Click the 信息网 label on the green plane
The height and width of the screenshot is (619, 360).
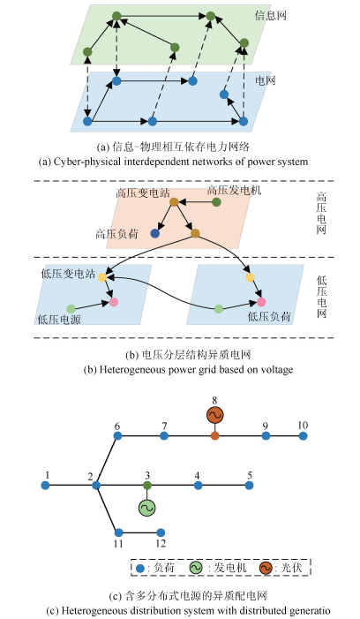[270, 15]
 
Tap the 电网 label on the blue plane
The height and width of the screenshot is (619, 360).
[265, 80]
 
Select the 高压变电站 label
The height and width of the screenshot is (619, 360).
[143, 192]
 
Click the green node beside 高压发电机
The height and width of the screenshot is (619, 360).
[216, 202]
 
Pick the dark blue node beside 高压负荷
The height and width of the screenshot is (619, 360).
[155, 233]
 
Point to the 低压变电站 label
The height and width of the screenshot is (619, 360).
[68, 274]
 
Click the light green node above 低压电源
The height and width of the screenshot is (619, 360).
[71, 309]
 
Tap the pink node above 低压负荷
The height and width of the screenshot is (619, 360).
[261, 302]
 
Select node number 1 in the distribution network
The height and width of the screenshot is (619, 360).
[45, 485]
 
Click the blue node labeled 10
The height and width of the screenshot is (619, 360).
[303, 436]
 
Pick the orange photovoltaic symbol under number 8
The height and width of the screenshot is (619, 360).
[215, 415]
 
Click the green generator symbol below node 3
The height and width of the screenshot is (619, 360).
[147, 508]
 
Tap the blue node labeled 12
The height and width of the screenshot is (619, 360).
[161, 532]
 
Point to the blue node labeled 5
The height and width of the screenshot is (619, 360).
[249, 485]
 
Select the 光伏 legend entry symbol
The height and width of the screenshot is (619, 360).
[266, 568]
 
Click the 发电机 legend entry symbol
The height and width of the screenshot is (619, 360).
[196, 568]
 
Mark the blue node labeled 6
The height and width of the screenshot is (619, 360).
[117, 436]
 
